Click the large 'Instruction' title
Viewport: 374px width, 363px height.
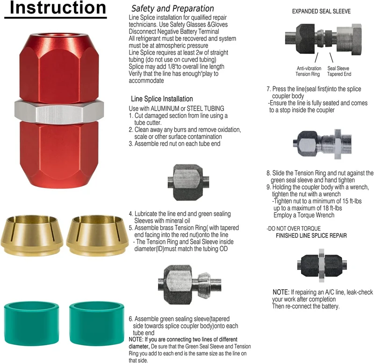point(58,8)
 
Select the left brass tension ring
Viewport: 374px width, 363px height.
point(32,235)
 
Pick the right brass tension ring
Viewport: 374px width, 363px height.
point(96,235)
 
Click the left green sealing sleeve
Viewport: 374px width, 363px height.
point(31,323)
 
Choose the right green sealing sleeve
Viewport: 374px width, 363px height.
point(97,323)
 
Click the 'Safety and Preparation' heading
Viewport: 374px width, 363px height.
point(173,8)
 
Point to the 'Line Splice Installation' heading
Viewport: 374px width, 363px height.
point(162,99)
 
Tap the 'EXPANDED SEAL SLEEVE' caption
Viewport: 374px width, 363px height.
point(321,11)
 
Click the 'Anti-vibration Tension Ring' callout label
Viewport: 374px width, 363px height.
point(309,71)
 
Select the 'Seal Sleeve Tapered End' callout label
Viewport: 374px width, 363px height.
point(339,71)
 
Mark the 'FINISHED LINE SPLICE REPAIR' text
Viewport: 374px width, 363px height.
point(311,235)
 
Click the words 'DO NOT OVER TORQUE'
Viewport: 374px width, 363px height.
point(294,228)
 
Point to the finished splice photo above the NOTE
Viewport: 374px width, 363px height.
point(322,265)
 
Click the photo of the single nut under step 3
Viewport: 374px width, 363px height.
point(188,182)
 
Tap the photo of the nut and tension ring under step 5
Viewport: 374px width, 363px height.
point(190,283)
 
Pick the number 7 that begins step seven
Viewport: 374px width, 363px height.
point(268,89)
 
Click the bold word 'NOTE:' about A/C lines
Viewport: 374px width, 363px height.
point(281,292)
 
